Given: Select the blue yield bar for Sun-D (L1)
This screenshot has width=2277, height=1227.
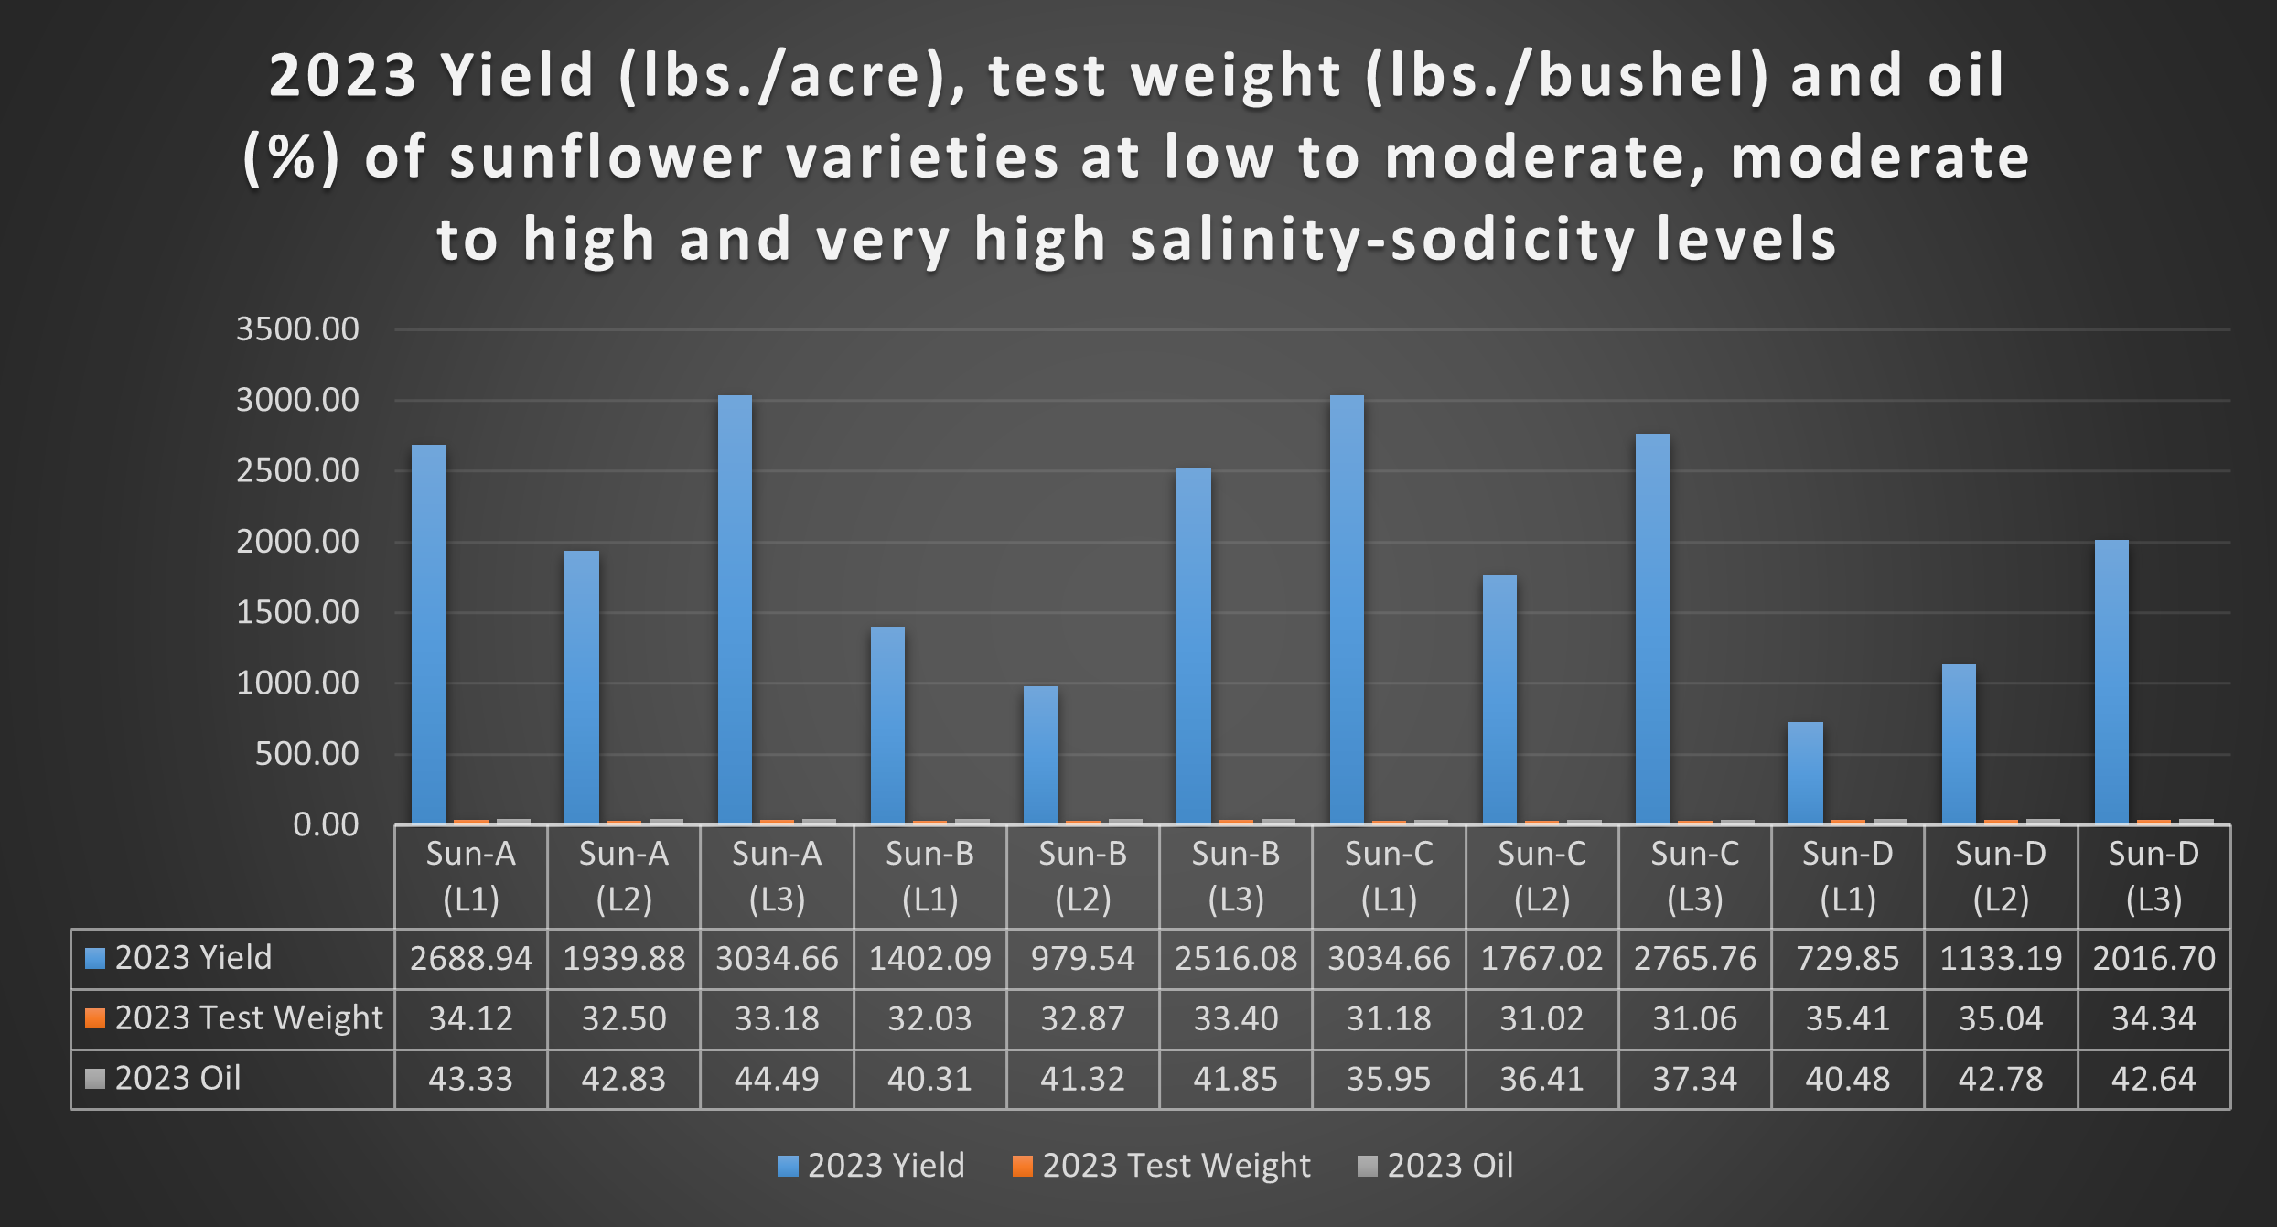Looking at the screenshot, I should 1805,773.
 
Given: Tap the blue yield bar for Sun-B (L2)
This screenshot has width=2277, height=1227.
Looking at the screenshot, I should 1040,755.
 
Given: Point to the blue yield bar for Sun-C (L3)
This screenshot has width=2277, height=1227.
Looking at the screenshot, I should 1652,629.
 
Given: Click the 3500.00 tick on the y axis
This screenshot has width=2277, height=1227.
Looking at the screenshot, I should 297,329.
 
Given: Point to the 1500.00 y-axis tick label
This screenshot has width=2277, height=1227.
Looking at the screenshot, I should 297,612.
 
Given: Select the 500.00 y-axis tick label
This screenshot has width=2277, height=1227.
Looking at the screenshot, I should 306,754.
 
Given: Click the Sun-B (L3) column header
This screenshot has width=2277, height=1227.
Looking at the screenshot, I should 1235,877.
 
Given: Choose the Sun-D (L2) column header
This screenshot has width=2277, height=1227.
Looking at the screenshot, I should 2001,877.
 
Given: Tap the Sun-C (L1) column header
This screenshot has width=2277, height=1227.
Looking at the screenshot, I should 1389,877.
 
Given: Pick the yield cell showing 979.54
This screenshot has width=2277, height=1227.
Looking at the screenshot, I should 1082,959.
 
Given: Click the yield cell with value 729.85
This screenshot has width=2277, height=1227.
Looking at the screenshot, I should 1847,959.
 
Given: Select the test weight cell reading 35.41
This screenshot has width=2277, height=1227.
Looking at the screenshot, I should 1847,1019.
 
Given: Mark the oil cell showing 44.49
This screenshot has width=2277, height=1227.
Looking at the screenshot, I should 777,1080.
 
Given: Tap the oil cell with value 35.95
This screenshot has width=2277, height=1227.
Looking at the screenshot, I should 1389,1080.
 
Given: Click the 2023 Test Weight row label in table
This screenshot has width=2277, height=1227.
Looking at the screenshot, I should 248,1018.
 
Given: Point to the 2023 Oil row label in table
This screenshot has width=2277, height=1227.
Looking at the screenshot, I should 177,1079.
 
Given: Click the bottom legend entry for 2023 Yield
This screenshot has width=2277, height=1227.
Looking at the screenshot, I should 872,1166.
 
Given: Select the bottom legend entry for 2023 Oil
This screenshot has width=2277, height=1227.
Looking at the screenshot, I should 1436,1166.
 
